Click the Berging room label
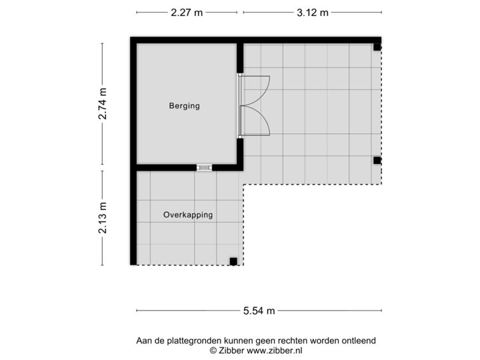[x=184, y=106]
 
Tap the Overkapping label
[x=188, y=215]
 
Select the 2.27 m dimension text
[x=187, y=12]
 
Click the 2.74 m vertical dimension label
[x=102, y=104]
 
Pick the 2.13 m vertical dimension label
[x=102, y=217]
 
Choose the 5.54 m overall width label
[x=259, y=310]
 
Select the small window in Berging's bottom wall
[x=205, y=167]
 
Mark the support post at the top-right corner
[x=377, y=47]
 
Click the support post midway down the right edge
[x=377, y=160]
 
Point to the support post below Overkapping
[x=233, y=261]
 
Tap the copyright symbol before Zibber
[x=213, y=349]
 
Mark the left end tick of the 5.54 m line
[x=137, y=310]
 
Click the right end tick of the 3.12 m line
[x=382, y=12]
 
